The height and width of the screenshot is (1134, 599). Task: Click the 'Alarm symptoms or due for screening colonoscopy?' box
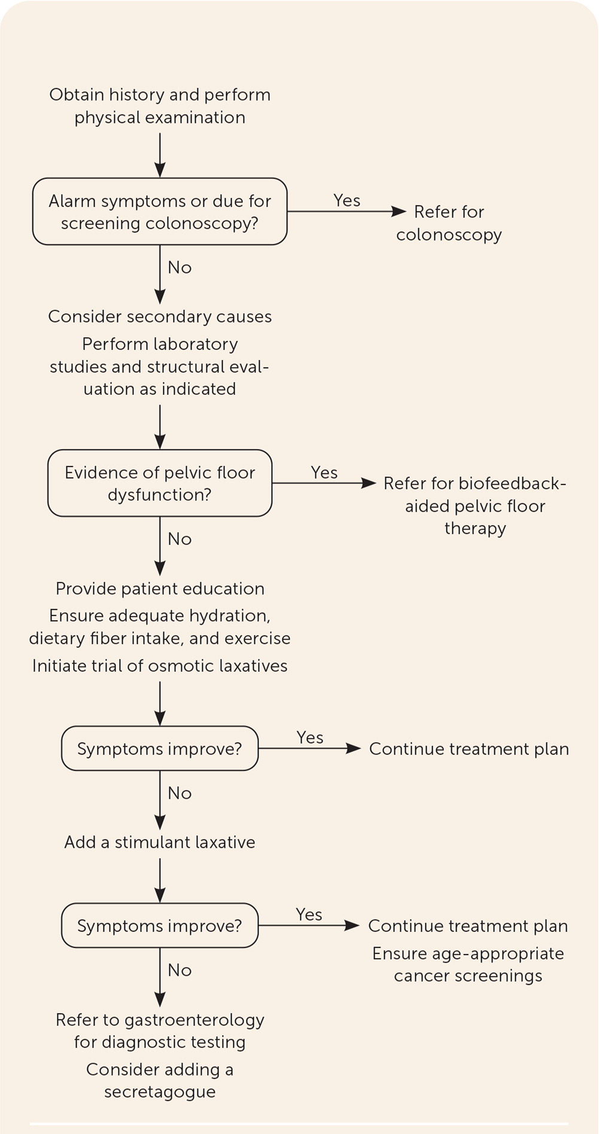click(x=160, y=212)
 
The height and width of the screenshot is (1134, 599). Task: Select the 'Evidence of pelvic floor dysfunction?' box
click(x=160, y=483)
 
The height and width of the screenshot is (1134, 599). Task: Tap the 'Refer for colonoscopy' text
click(x=449, y=223)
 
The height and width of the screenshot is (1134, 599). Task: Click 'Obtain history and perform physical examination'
click(x=160, y=106)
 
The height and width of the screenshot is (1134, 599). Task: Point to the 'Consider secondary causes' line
click(x=160, y=316)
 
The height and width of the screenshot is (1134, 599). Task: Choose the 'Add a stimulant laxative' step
click(x=160, y=842)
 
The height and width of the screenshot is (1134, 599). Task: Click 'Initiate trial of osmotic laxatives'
click(x=160, y=666)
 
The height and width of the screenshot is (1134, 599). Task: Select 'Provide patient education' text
click(x=160, y=589)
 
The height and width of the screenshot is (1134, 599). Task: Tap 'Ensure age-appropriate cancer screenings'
click(x=468, y=964)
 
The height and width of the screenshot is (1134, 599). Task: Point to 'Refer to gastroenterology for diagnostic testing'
click(x=160, y=1031)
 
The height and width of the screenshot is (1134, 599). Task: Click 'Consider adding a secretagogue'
click(x=160, y=1080)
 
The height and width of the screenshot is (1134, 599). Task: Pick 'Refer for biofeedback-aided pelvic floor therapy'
click(x=475, y=505)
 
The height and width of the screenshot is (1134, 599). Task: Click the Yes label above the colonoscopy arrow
click(x=347, y=200)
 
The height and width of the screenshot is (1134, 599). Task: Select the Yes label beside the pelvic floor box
click(x=324, y=472)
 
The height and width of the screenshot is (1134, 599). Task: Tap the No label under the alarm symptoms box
click(x=180, y=267)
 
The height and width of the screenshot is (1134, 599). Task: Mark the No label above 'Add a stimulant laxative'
click(x=180, y=793)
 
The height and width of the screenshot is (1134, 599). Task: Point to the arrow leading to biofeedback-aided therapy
click(x=323, y=483)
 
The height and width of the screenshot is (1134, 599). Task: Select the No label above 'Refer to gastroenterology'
click(x=180, y=970)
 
